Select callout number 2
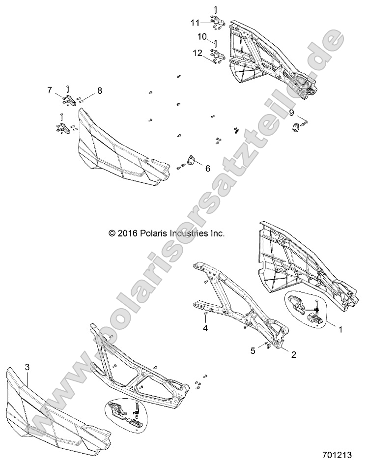pyautogui.click(x=294, y=354)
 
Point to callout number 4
pyautogui.click(x=206, y=329)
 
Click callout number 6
pyautogui.click(x=207, y=169)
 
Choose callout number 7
pyautogui.click(x=50, y=90)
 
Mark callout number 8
pyautogui.click(x=100, y=90)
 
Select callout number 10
pyautogui.click(x=202, y=36)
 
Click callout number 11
pyautogui.click(x=196, y=23)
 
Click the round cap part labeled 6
pyautogui.click(x=189, y=161)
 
